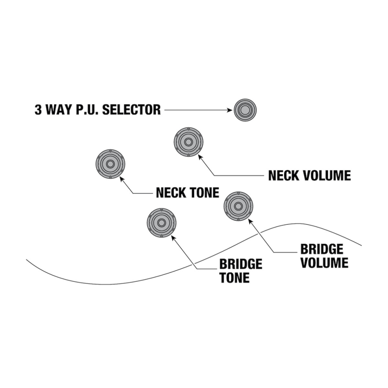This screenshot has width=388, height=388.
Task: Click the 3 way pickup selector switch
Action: [245, 110]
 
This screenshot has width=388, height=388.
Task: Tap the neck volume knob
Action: [188, 142]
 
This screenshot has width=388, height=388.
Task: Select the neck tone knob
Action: [110, 164]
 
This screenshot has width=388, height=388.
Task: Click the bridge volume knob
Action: [238, 206]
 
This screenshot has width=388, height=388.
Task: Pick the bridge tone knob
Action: [161, 222]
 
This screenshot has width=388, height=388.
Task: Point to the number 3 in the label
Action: [38, 110]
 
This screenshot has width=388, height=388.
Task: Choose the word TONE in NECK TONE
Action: [205, 192]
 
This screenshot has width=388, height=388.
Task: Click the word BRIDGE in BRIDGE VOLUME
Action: [322, 249]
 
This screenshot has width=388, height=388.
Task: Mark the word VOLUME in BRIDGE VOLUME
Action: [324, 263]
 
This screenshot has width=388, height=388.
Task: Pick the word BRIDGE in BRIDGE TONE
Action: [241, 264]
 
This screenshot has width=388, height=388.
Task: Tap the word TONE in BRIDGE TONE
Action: [235, 278]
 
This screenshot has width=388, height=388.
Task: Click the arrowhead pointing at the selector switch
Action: [229, 110]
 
